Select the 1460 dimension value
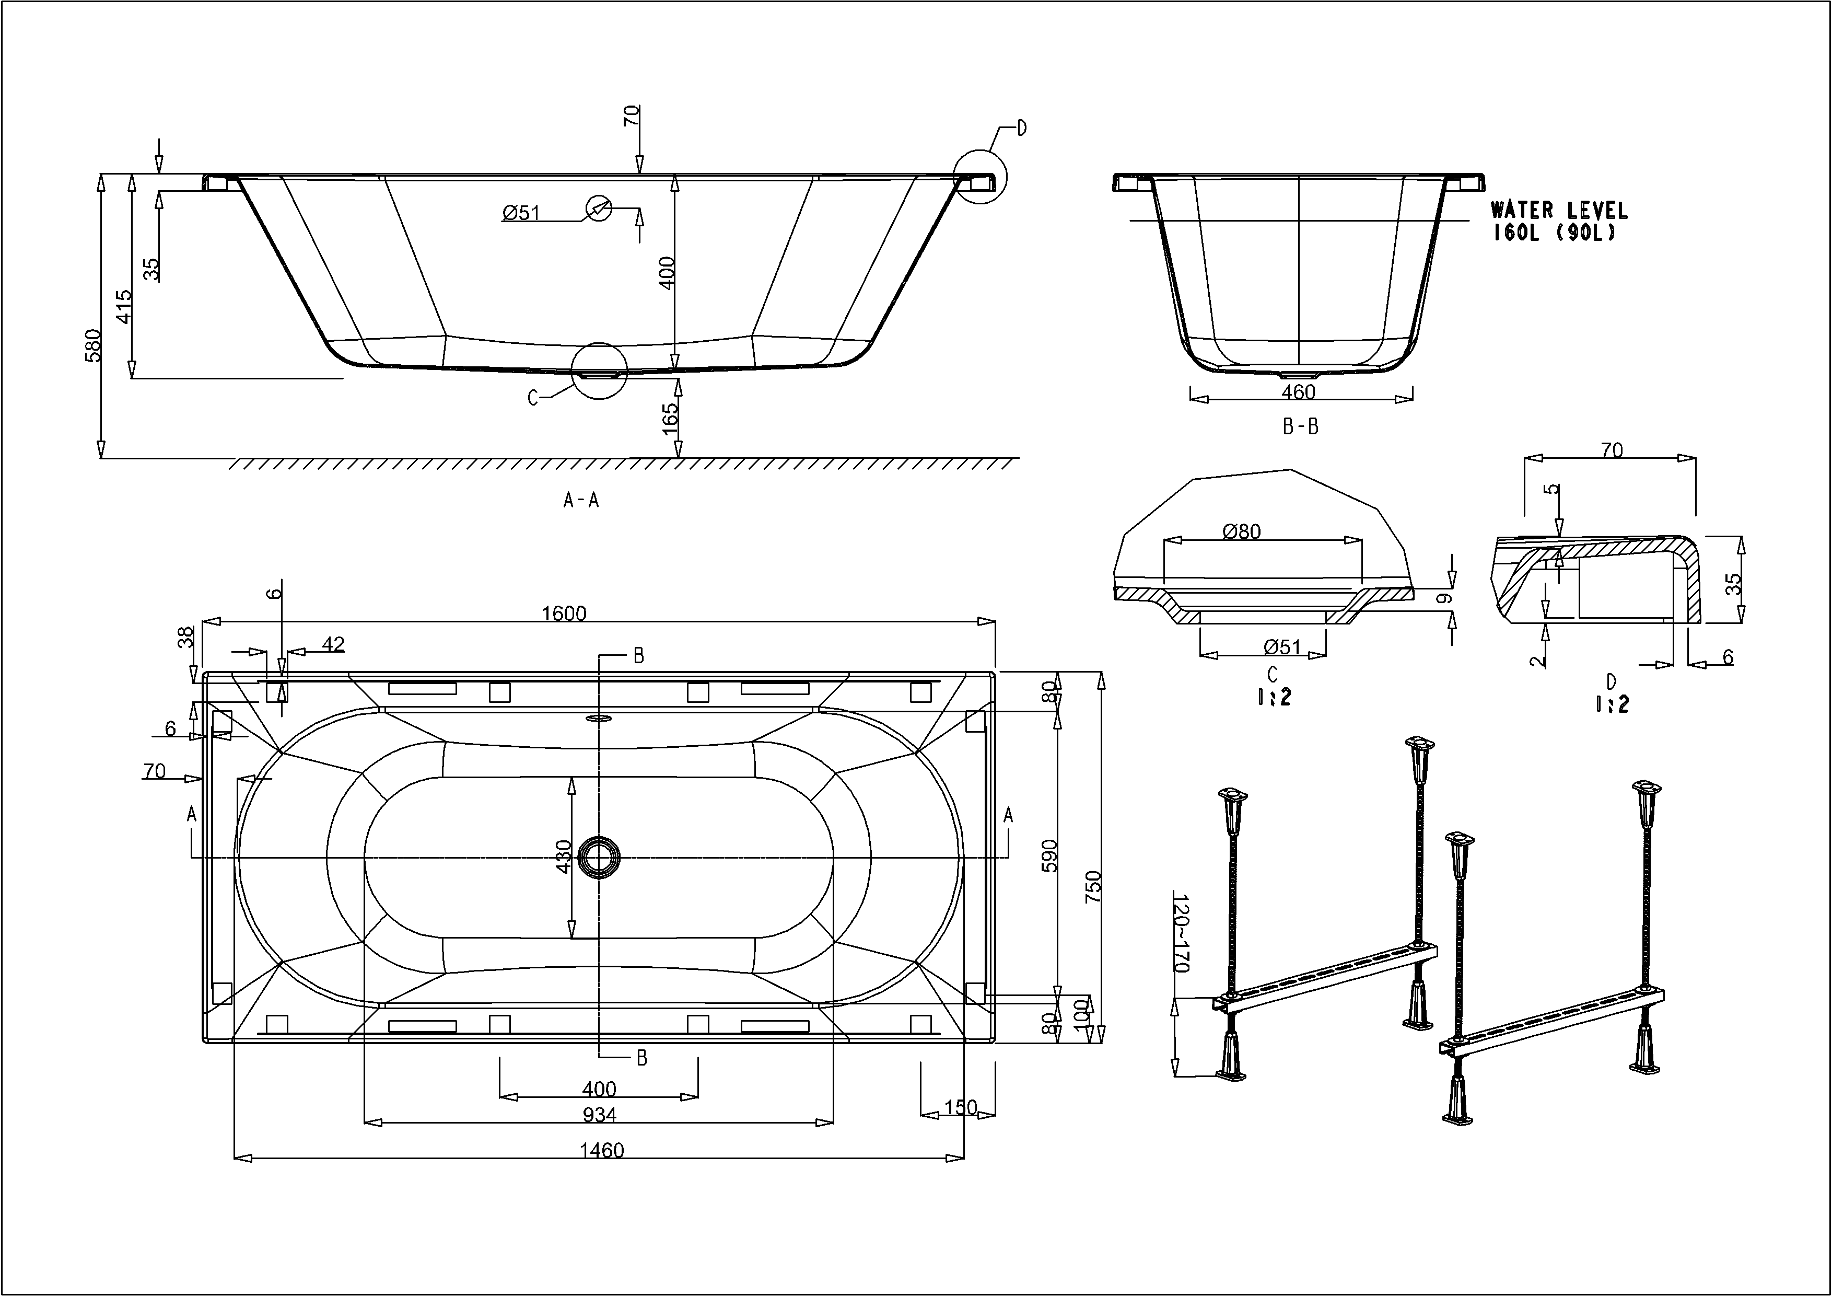(602, 1150)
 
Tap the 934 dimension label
(599, 1114)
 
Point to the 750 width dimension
(1093, 887)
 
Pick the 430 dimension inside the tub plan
(563, 857)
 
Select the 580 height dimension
(94, 345)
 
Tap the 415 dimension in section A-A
(124, 306)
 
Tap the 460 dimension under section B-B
(1298, 392)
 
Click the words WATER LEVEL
(1558, 211)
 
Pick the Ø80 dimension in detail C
(1242, 531)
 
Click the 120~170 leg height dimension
(1181, 932)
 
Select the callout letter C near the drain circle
(533, 397)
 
